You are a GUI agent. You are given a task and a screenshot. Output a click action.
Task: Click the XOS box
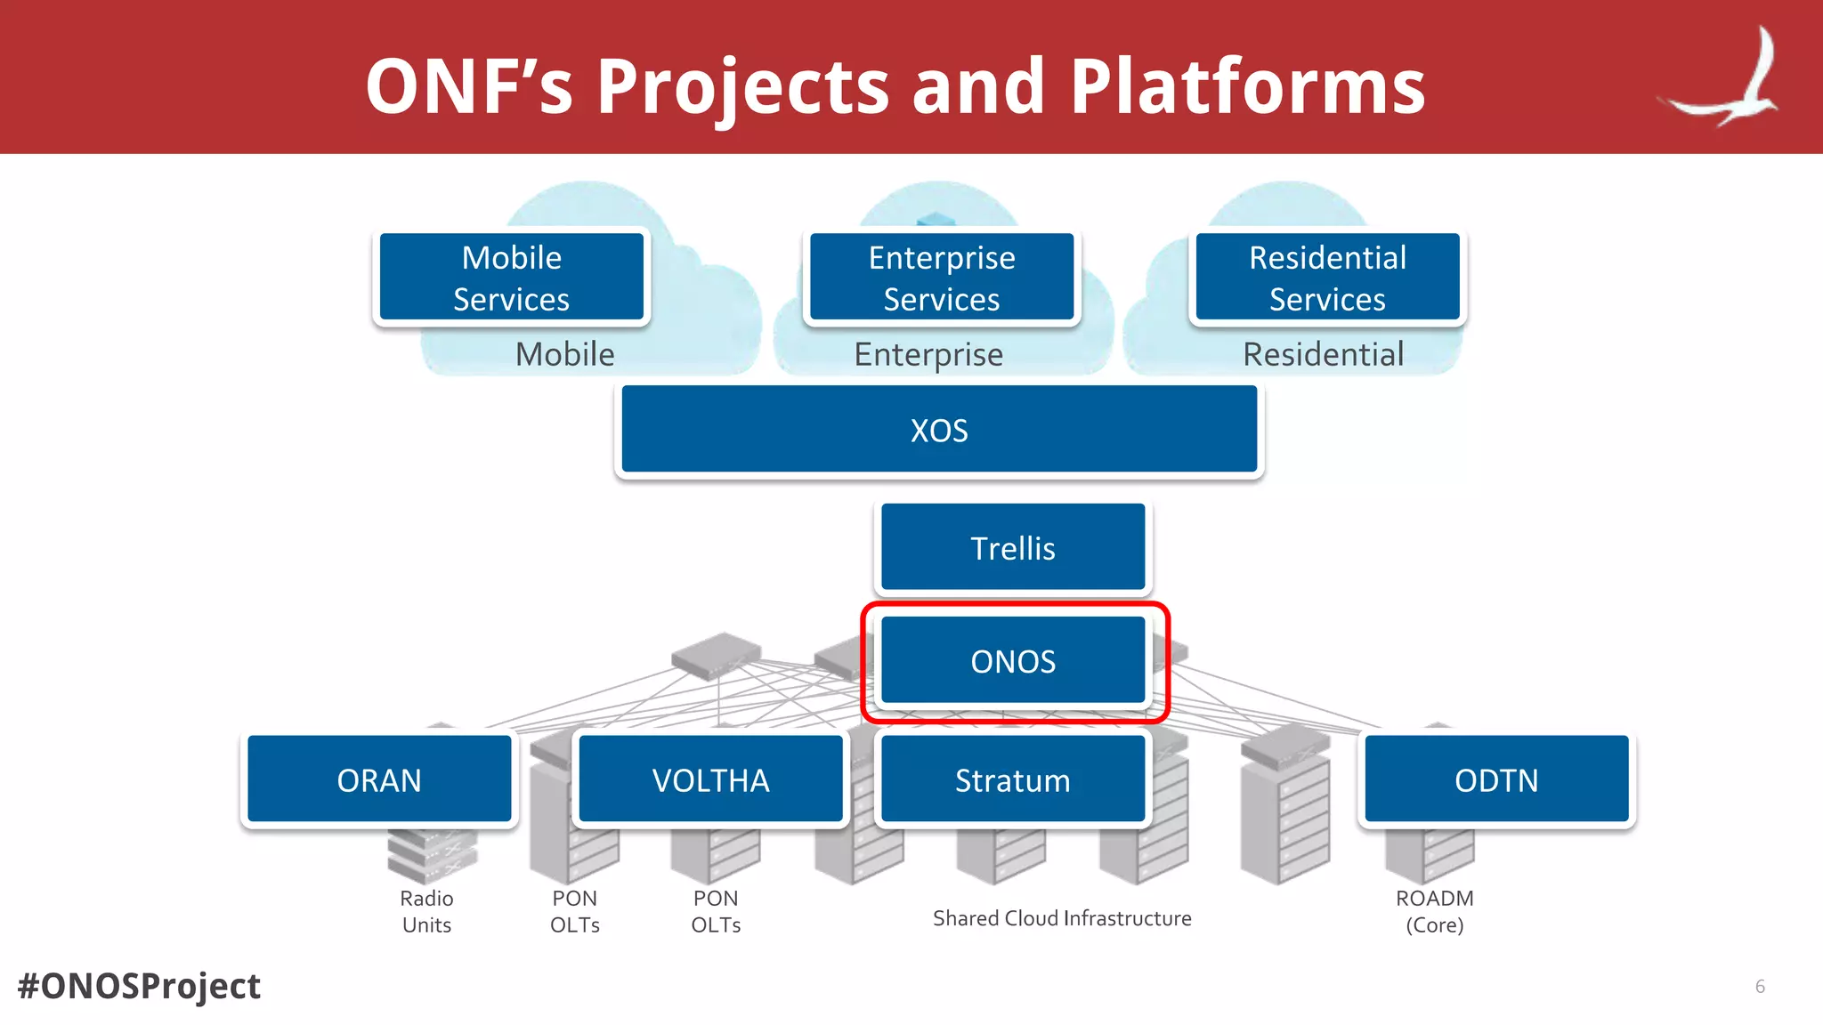[939, 430]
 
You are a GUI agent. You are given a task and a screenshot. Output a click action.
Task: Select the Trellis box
[1013, 547]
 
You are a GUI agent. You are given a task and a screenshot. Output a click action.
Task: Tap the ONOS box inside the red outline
[1013, 661]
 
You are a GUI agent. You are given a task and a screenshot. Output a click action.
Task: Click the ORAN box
[379, 779]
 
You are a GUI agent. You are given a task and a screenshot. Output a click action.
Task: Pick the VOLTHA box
[710, 779]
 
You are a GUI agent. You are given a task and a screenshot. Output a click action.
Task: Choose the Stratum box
[1013, 779]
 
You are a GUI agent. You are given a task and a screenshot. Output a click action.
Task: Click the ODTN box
[1496, 779]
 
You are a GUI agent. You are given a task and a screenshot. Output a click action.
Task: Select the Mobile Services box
[512, 278]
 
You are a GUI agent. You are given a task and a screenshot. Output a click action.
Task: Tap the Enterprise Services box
[942, 278]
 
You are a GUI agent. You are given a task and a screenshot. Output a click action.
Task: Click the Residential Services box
[1327, 278]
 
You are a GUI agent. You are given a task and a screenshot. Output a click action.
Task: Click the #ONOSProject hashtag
[140, 986]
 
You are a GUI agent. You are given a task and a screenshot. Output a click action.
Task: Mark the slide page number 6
[1760, 986]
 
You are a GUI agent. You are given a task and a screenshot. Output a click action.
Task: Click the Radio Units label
[426, 911]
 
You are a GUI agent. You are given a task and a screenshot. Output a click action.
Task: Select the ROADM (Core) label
[1434, 911]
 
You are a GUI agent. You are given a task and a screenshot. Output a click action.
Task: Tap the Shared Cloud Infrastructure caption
[1062, 918]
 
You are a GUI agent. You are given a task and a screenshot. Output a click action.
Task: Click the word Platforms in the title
[1247, 86]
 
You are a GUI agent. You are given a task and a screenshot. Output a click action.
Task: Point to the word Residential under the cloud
[1324, 354]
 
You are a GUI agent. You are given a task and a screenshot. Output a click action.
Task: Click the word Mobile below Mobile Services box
[565, 354]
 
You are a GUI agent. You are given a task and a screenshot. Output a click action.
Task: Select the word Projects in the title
[743, 86]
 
